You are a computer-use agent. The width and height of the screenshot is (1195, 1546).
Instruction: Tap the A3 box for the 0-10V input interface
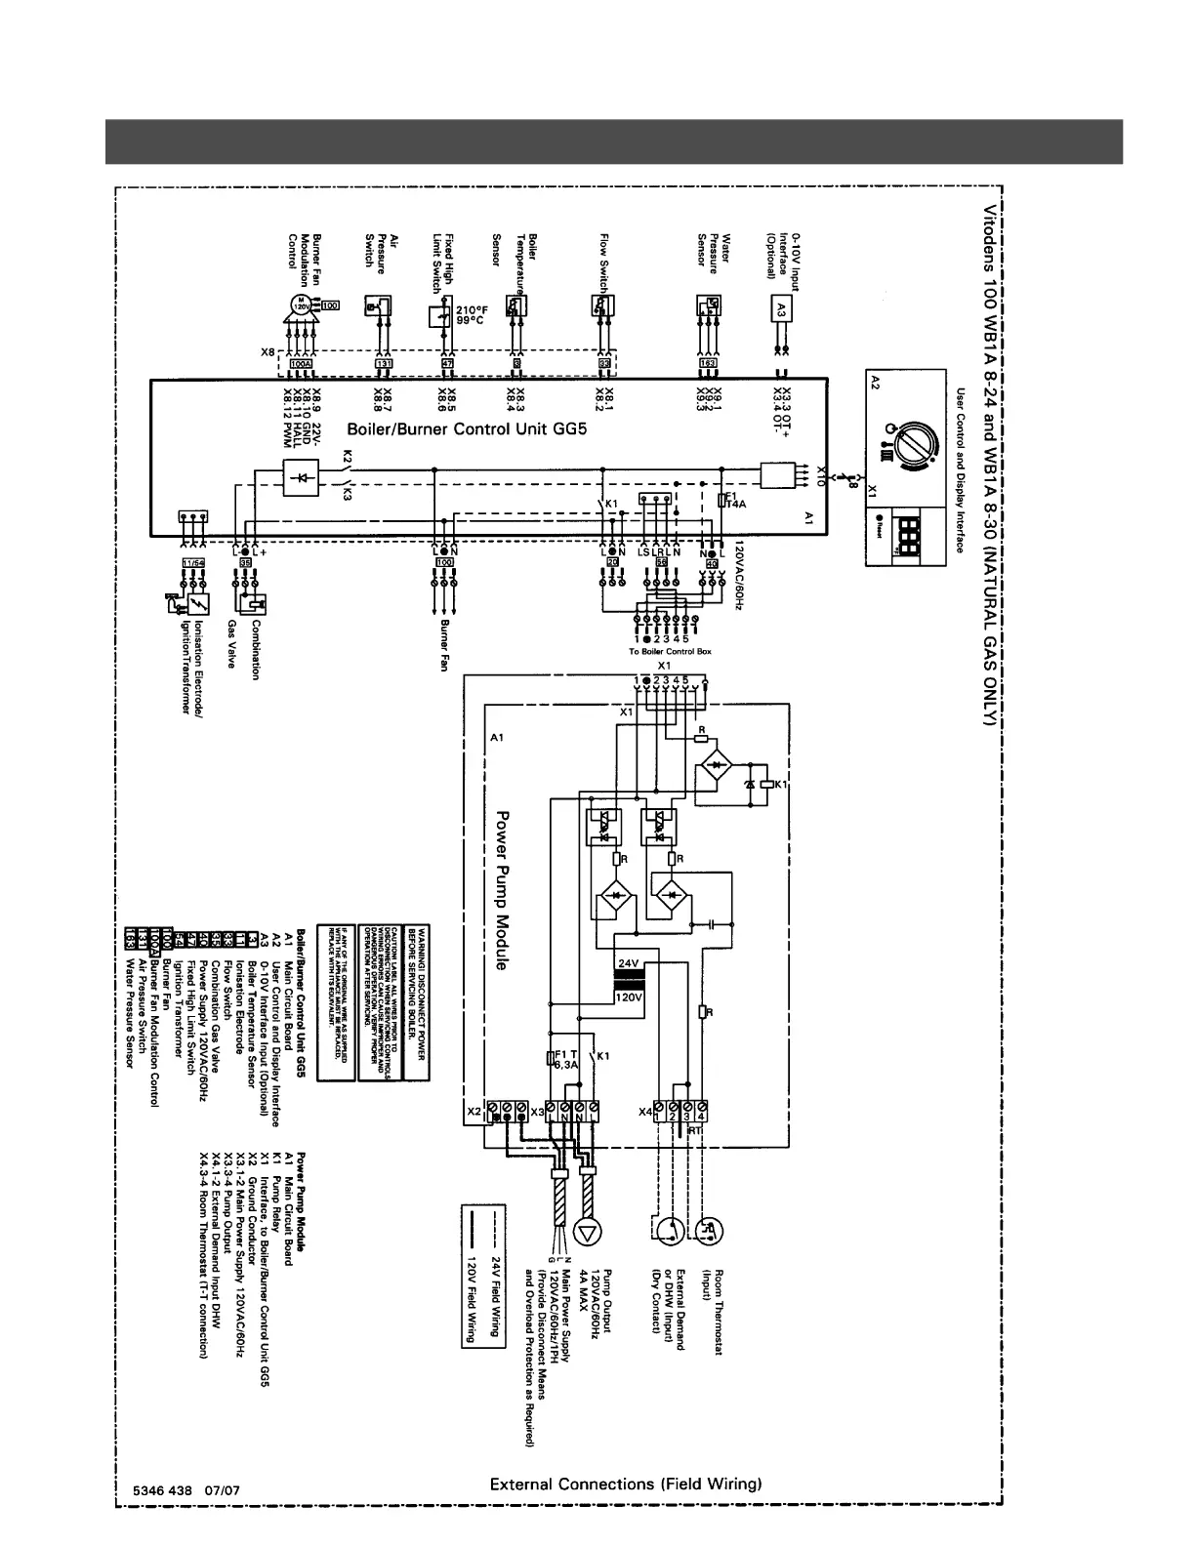(779, 309)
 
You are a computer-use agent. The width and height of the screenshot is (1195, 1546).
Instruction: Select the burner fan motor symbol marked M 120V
(302, 308)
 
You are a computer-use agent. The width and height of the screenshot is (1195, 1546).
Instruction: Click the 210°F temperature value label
(472, 310)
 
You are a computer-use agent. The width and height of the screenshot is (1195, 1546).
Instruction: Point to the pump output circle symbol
(589, 1233)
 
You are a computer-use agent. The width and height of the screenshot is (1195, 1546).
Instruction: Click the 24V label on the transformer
(629, 962)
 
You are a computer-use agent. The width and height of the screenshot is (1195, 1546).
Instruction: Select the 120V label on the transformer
(629, 997)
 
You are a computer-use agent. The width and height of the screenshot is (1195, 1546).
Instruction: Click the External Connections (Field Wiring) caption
(625, 1485)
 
